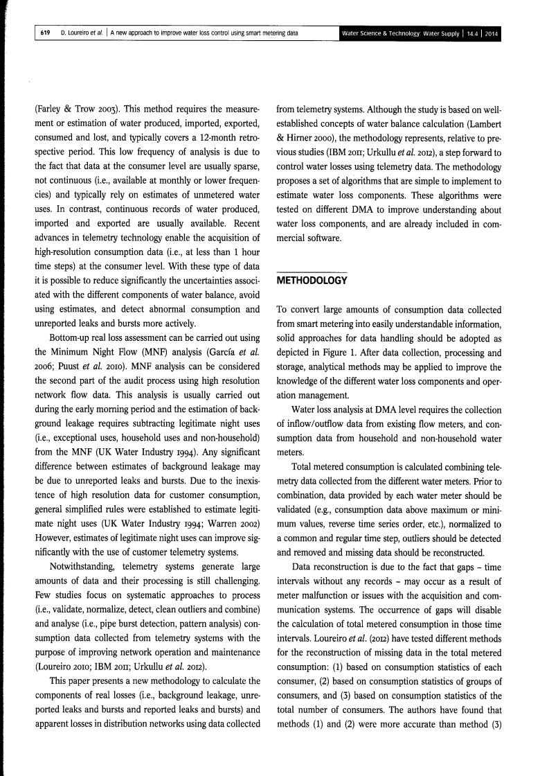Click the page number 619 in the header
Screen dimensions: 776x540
coord(44,33)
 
